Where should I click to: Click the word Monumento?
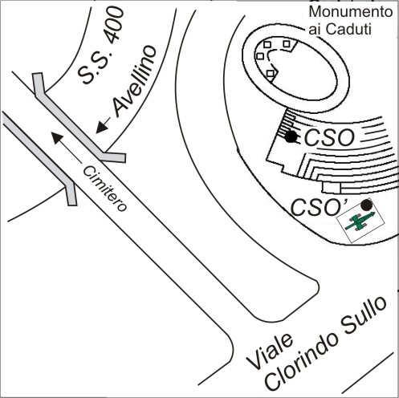click(x=351, y=12)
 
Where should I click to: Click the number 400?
click(x=115, y=26)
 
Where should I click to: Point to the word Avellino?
click(x=134, y=82)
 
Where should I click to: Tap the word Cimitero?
click(x=104, y=189)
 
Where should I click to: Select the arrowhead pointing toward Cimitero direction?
click(x=58, y=138)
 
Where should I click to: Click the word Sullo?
click(x=363, y=315)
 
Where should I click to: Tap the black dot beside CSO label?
click(x=291, y=136)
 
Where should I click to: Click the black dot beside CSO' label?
click(x=366, y=205)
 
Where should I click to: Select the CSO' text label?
click(x=319, y=207)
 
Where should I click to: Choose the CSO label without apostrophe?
click(x=329, y=137)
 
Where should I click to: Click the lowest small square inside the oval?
click(x=271, y=73)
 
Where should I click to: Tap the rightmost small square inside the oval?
click(x=287, y=43)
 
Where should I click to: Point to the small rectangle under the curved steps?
click(x=332, y=187)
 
